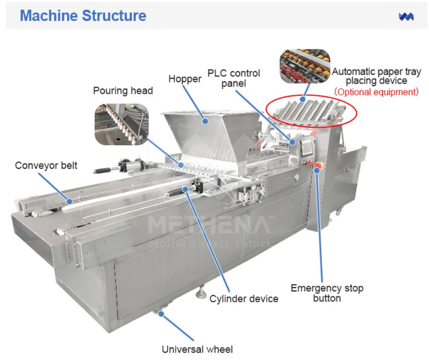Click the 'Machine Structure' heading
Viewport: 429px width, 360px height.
[x=83, y=16]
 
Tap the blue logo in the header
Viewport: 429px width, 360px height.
[x=406, y=17]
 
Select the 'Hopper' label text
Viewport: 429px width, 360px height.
[x=185, y=79]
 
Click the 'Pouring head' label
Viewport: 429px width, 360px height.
[x=123, y=90]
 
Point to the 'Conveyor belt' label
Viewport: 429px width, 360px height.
[x=46, y=165]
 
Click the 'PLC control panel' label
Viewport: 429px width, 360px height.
[x=234, y=78]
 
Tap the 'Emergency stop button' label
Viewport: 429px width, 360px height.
[x=327, y=292]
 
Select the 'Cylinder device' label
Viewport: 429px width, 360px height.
[x=244, y=298]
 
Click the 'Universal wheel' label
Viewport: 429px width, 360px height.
[x=197, y=349]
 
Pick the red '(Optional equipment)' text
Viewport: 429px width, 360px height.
[x=376, y=91]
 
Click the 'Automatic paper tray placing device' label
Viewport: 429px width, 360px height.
[x=376, y=76]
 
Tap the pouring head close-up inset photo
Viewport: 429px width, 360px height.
[x=121, y=124]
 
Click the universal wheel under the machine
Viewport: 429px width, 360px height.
[x=159, y=312]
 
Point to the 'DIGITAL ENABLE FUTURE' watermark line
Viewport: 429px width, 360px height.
[x=210, y=244]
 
